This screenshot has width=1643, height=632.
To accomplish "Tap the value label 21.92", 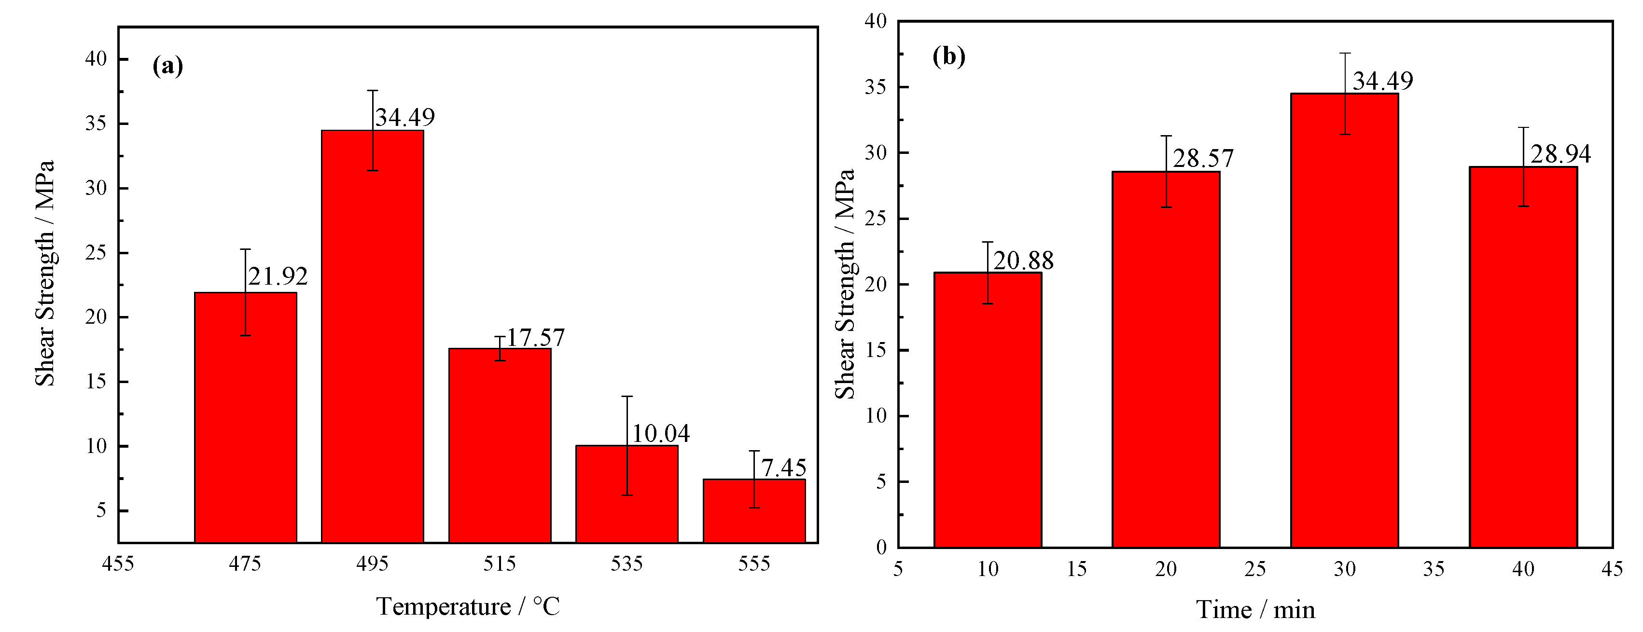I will click(278, 276).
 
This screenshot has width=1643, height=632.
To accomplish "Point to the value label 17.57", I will click(535, 337).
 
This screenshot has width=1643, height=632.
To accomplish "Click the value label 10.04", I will click(660, 434).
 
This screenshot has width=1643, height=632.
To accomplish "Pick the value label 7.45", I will click(783, 467).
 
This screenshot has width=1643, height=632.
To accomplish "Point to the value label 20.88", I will click(1023, 260).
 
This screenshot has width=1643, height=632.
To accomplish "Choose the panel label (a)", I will click(168, 65).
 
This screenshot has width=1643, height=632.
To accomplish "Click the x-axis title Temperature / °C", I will click(468, 606).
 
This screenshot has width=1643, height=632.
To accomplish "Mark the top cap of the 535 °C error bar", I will click(627, 396).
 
